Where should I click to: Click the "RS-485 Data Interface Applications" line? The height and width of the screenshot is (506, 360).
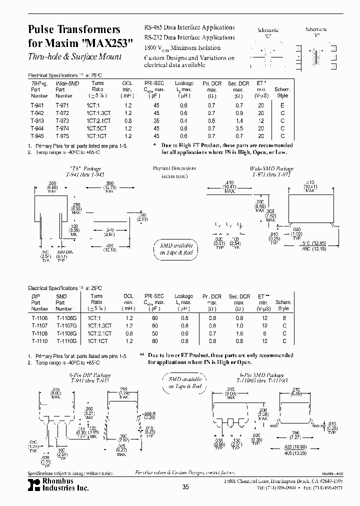tap(189, 27)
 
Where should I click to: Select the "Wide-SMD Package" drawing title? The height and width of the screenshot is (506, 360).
tap(272, 169)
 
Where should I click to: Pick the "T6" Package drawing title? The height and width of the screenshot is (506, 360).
tap(85, 169)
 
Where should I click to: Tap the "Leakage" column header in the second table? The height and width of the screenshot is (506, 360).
tap(184, 296)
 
